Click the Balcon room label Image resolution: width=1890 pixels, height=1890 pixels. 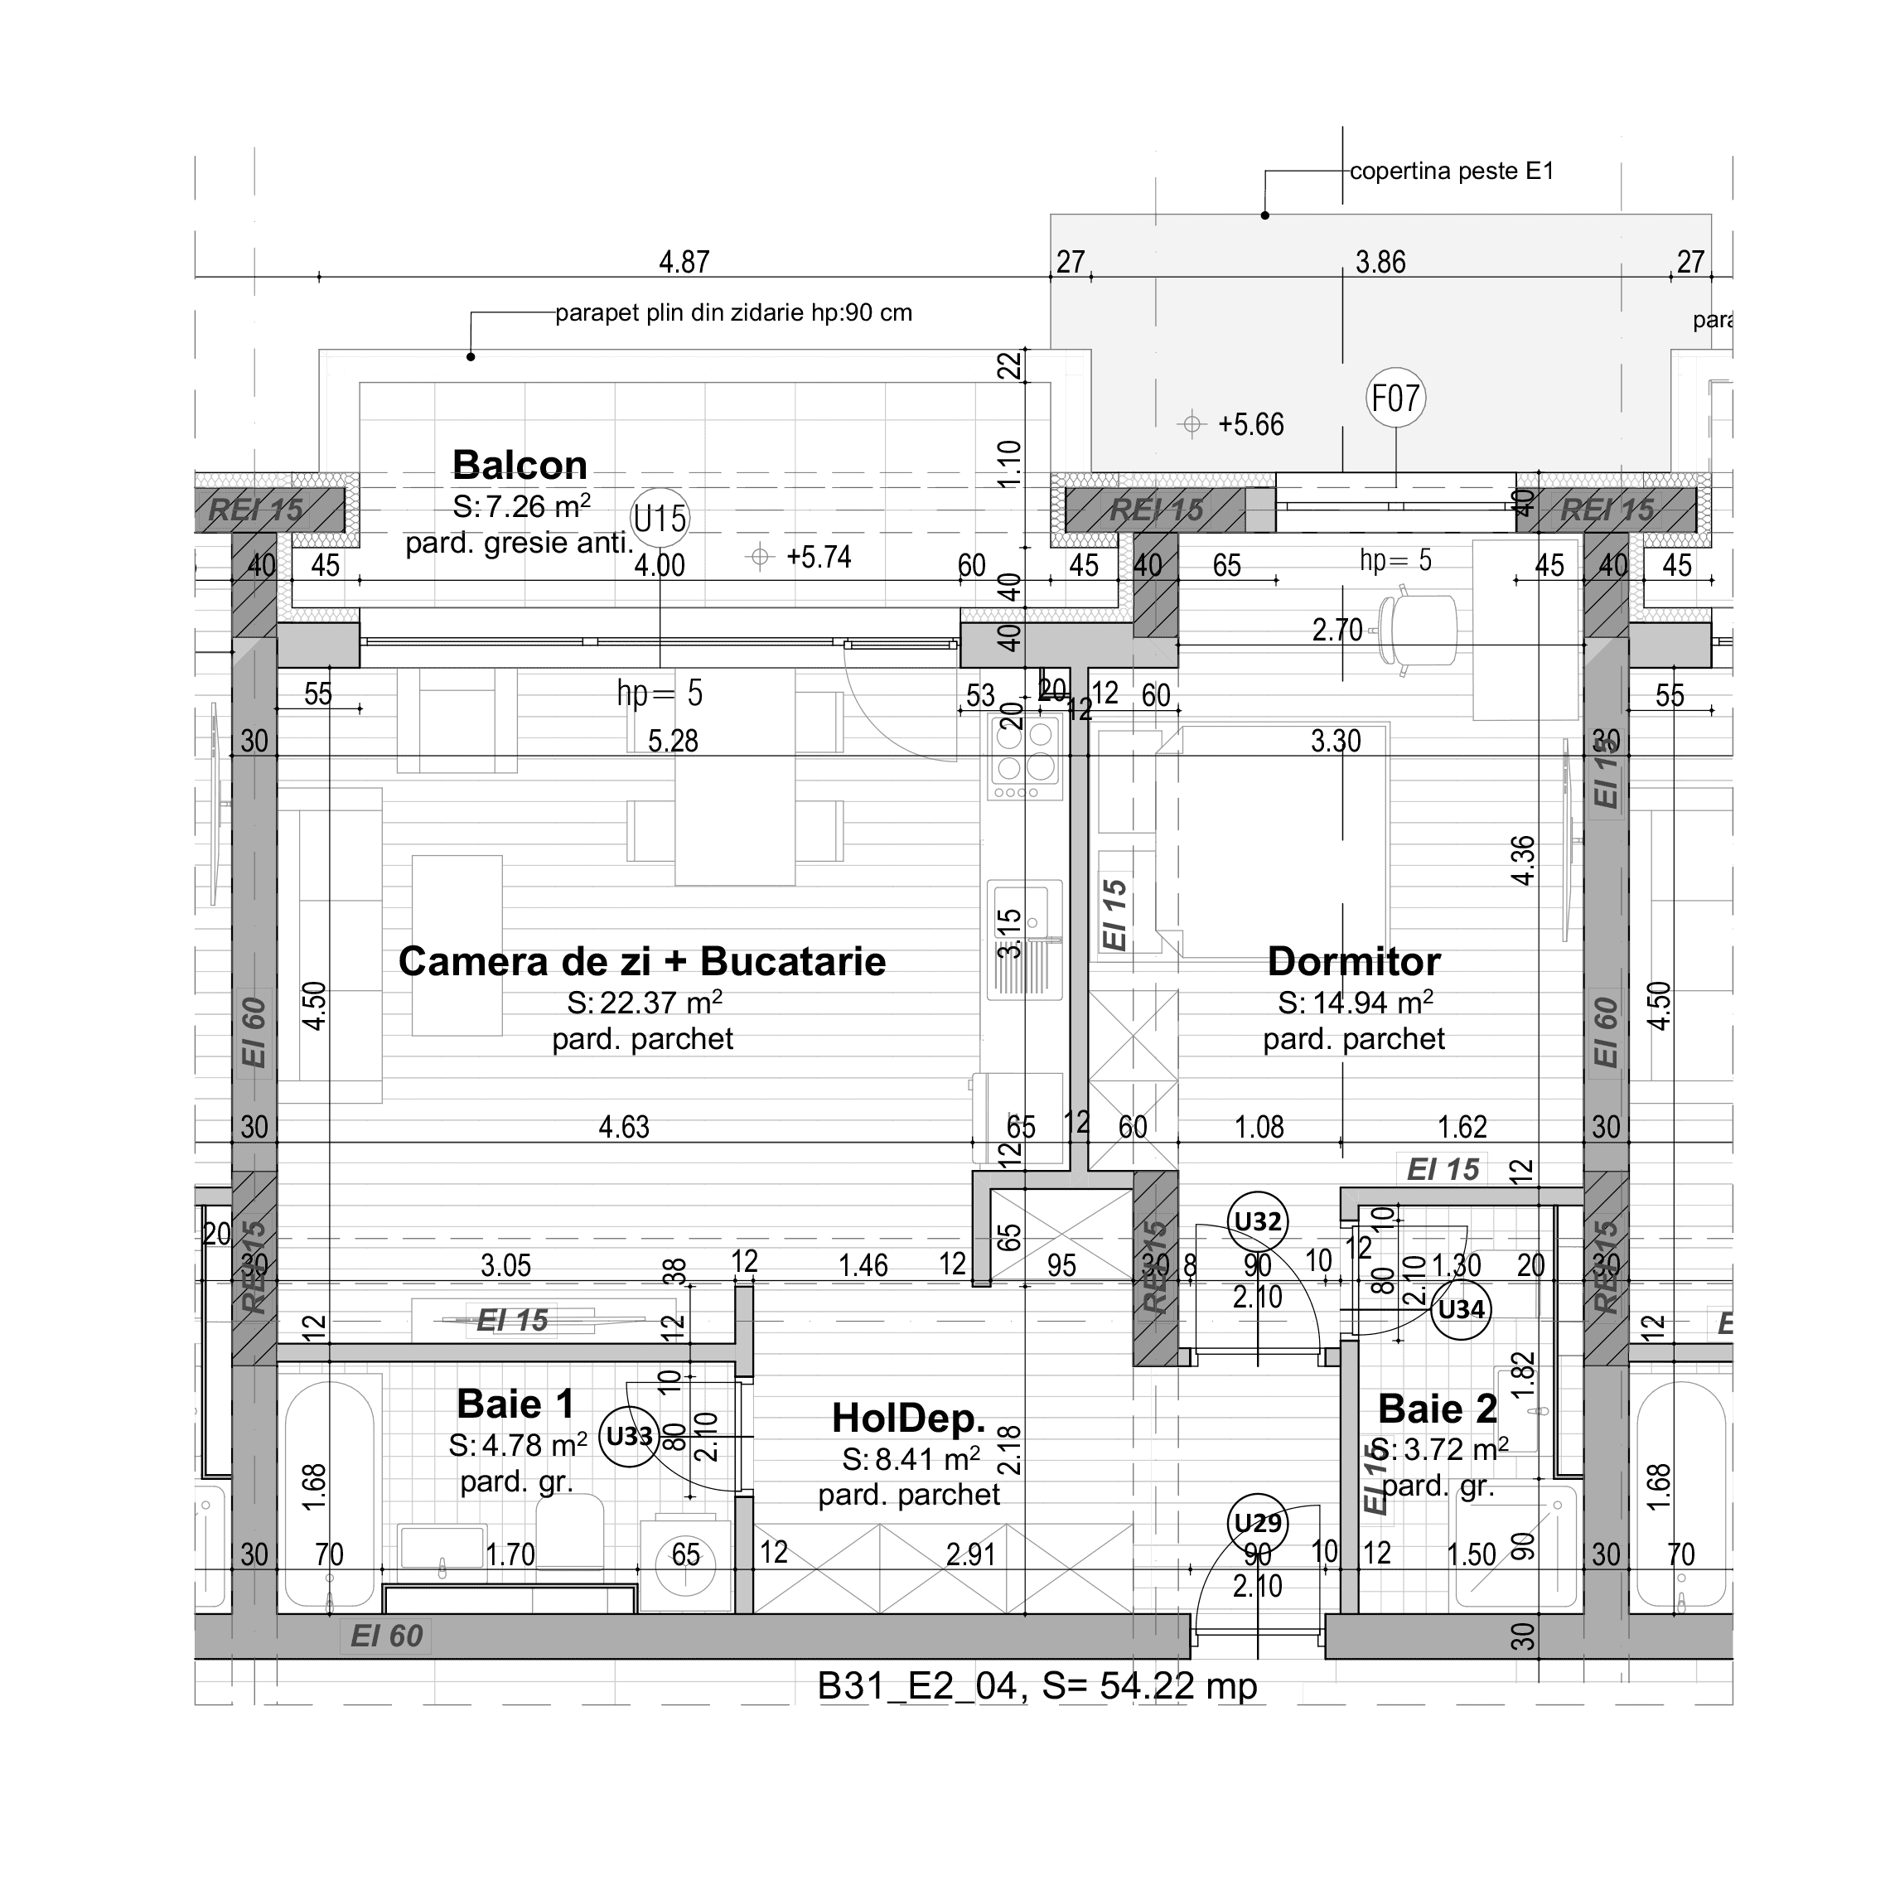tap(520, 465)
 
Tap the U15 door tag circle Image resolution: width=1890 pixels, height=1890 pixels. tap(660, 518)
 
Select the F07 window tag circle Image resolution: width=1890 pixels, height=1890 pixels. tap(1395, 399)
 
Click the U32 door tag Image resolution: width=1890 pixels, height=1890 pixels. tap(1257, 1221)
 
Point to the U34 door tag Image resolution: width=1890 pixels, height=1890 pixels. tap(1462, 1309)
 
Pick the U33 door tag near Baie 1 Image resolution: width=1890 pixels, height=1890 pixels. tap(629, 1436)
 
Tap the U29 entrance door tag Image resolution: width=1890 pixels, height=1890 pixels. tap(1257, 1523)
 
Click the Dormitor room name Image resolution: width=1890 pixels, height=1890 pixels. tap(1353, 962)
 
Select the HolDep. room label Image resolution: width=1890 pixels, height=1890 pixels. tap(909, 1418)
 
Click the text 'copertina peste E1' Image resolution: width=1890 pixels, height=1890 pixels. tap(1451, 172)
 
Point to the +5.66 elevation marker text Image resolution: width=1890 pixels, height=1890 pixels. tap(1250, 424)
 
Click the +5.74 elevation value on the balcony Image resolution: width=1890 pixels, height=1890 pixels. tap(819, 558)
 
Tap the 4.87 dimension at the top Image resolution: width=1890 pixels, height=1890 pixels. tap(684, 262)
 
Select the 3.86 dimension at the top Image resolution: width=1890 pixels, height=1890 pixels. tap(1380, 262)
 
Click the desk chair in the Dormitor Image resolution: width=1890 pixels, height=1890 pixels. tap(1417, 631)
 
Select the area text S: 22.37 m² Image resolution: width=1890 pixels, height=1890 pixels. tap(645, 1003)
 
